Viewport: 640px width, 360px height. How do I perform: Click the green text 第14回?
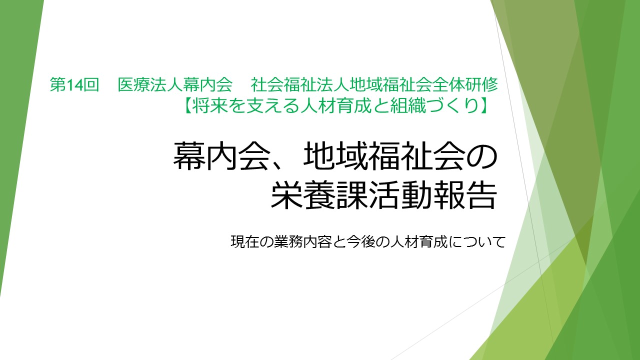(74, 85)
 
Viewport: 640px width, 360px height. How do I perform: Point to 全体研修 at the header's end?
(465, 85)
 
